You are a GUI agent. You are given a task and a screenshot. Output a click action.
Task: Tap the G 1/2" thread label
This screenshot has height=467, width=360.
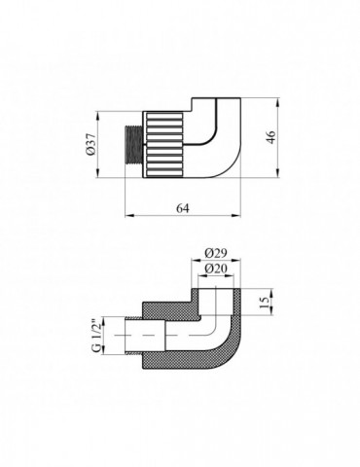click(x=94, y=333)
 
